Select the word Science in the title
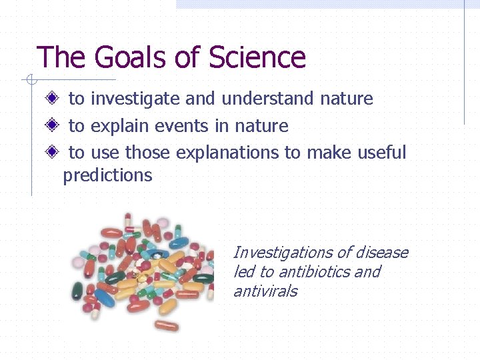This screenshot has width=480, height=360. point(257,58)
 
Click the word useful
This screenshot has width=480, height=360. point(381,152)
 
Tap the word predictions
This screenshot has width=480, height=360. point(107,176)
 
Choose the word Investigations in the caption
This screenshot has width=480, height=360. point(283,253)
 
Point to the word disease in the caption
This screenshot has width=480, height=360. point(381,253)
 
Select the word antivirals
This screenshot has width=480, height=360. point(265,291)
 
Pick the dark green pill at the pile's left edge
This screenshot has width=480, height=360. point(78,291)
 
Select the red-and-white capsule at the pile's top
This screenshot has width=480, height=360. point(129,221)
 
